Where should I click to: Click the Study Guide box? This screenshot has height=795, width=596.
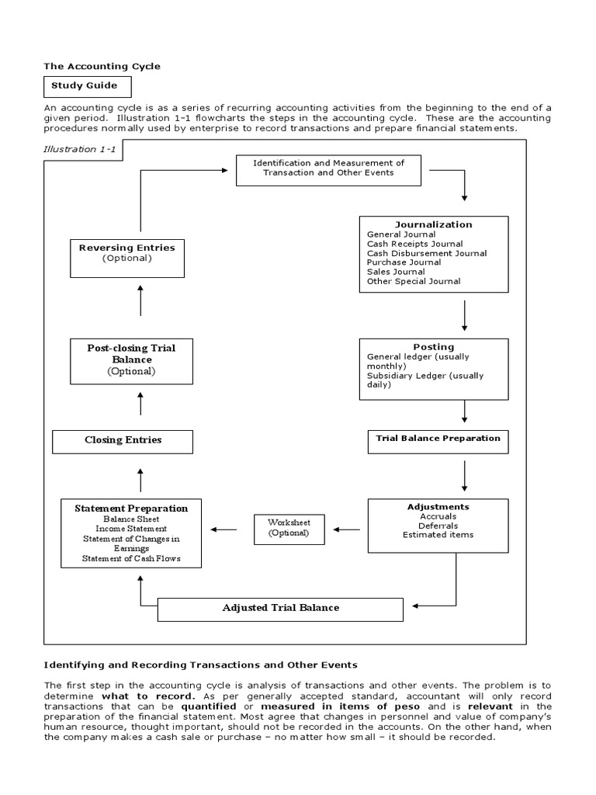(88, 86)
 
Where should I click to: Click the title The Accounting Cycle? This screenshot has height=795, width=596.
(102, 67)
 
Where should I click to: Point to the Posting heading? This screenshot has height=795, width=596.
(434, 346)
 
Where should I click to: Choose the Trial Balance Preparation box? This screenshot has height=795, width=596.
(438, 439)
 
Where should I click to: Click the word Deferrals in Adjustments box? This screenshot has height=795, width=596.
(438, 525)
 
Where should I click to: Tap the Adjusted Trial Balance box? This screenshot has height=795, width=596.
(280, 607)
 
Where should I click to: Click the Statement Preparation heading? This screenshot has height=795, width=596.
(131, 509)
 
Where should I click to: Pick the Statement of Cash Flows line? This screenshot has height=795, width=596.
(130, 558)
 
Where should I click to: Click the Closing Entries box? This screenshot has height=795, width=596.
(123, 440)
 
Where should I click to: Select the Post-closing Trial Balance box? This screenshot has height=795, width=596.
(131, 359)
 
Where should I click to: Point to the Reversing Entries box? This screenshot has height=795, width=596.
(127, 252)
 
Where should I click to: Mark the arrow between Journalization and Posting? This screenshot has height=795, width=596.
(464, 315)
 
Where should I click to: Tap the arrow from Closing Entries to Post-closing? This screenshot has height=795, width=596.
(140, 403)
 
